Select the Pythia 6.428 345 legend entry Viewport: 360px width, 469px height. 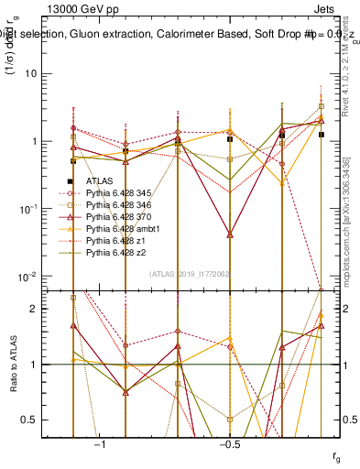(115, 194)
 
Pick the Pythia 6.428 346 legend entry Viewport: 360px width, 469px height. (115, 205)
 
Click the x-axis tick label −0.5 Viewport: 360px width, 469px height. (227, 444)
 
